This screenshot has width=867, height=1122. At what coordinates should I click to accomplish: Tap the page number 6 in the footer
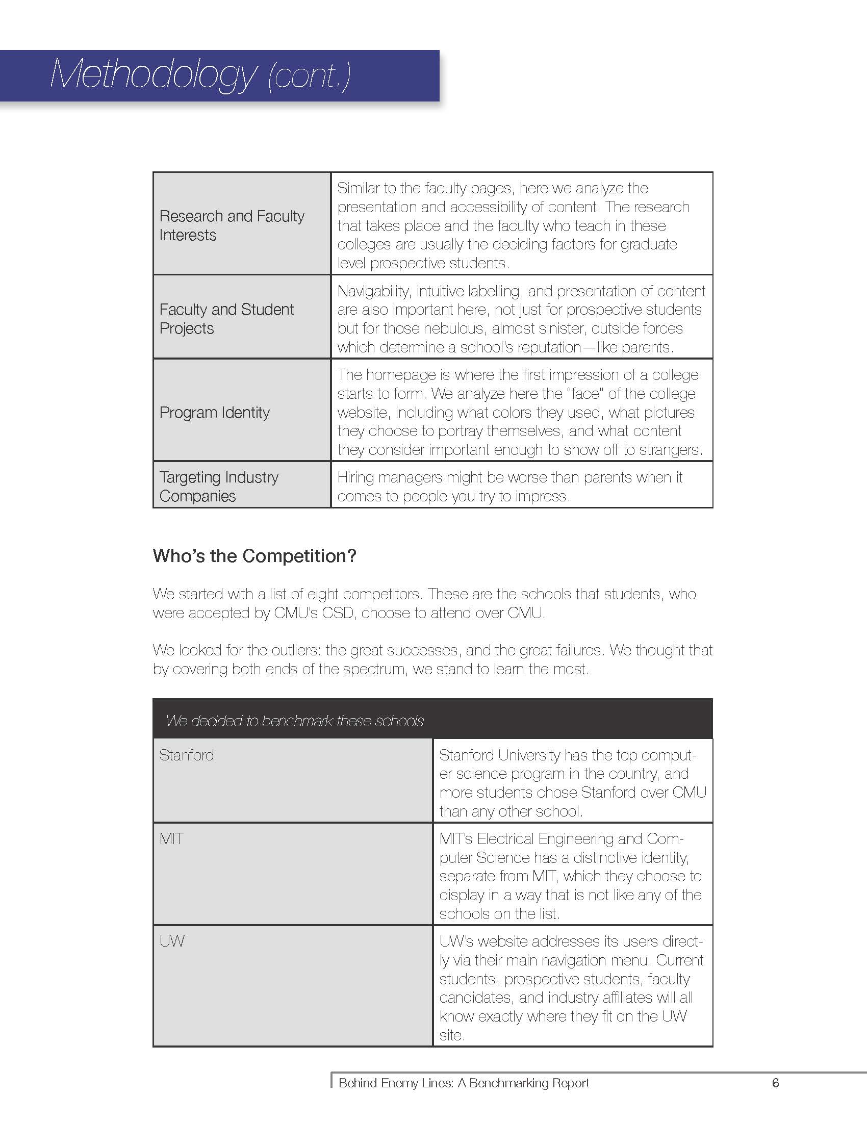click(775, 1083)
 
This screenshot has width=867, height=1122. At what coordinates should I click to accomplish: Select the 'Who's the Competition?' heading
click(254, 556)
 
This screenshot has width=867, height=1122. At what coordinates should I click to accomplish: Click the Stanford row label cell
click(187, 755)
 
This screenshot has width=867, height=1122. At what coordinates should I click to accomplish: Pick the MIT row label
click(171, 839)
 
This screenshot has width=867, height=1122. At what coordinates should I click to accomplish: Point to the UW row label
click(171, 941)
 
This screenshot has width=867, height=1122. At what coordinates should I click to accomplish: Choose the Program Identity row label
click(214, 413)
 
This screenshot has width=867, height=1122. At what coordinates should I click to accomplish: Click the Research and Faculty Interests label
click(232, 225)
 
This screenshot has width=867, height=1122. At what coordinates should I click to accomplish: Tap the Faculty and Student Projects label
click(226, 319)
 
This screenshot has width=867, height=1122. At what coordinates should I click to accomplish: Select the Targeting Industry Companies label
click(219, 487)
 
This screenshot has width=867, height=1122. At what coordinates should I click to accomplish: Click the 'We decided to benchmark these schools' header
click(294, 721)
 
